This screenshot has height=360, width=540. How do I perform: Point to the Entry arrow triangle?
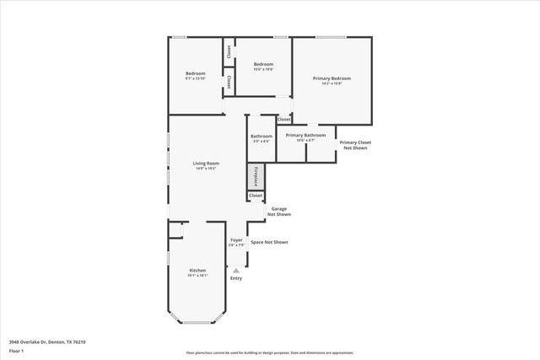[x=236, y=269]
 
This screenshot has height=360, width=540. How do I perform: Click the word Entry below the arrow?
[x=236, y=278]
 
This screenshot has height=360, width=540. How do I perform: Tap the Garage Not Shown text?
[x=279, y=211]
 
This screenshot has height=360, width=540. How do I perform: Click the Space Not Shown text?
[x=269, y=242]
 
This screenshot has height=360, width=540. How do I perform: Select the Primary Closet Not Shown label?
[x=355, y=144]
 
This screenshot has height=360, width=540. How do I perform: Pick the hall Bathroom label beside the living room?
[x=261, y=137]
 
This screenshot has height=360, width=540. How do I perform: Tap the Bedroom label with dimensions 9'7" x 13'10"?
[x=196, y=75]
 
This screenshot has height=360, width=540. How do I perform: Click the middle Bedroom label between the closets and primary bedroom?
[x=263, y=66]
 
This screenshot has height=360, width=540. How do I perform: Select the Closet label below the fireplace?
[x=255, y=196]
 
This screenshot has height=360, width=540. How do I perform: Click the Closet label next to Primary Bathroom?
[x=284, y=120]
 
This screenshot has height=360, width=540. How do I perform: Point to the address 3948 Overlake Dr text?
[x=47, y=341]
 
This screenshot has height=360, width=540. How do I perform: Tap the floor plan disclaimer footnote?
[x=269, y=352]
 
